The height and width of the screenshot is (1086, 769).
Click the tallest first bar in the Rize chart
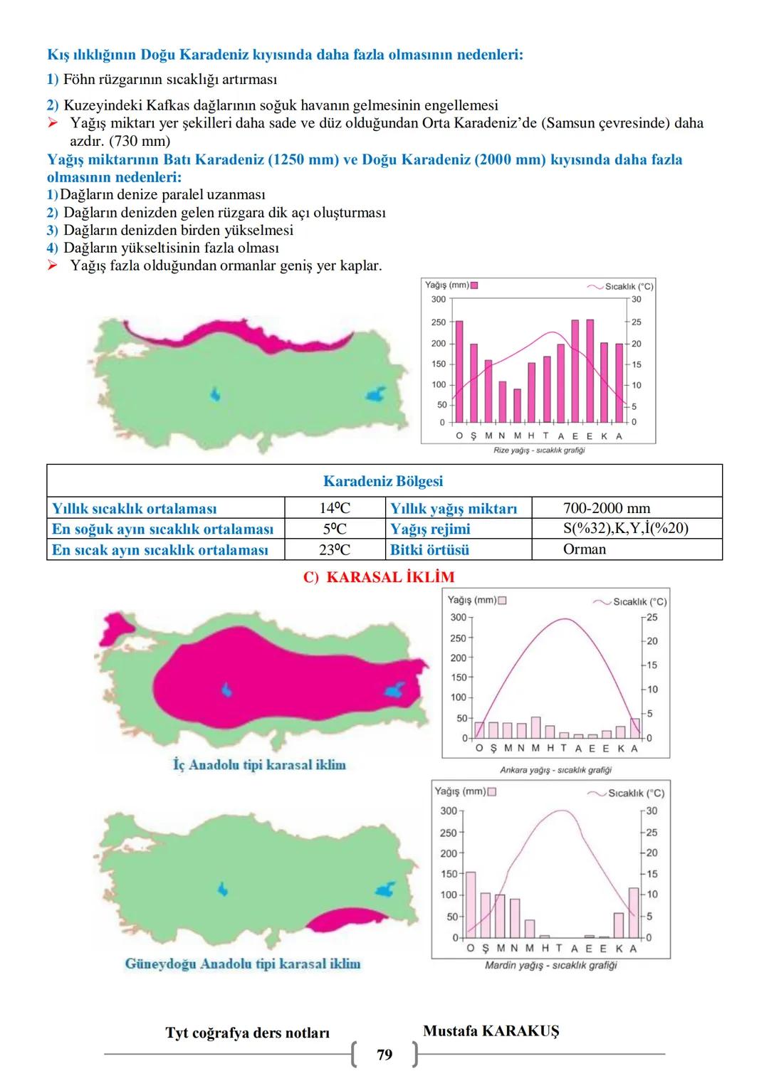click(459, 371)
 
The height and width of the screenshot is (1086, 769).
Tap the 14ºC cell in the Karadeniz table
click(335, 508)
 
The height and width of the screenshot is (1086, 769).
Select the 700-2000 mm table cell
click(607, 508)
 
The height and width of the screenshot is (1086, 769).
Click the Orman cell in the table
click(585, 549)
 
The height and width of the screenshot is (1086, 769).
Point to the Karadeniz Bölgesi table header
click(383, 481)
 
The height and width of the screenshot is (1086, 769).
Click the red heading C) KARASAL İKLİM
click(379, 577)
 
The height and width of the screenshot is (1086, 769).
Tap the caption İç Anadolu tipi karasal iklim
click(259, 765)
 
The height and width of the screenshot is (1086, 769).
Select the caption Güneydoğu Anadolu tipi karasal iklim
click(243, 964)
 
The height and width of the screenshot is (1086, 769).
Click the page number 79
click(384, 1055)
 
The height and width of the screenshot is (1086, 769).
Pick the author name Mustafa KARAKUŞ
click(491, 1031)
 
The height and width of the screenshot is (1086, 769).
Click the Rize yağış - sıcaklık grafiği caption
click(539, 450)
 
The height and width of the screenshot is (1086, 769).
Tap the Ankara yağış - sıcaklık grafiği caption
click(555, 770)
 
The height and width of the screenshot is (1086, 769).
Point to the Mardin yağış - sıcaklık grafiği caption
click(551, 966)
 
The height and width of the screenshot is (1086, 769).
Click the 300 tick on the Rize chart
click(439, 300)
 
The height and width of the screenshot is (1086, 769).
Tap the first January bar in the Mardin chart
click(471, 905)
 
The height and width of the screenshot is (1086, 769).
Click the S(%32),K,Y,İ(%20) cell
click(626, 529)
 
